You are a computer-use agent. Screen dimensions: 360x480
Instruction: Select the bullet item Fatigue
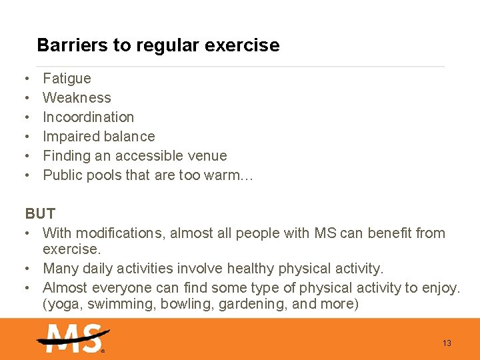tap(67, 79)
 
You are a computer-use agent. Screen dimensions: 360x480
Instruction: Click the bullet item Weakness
tap(77, 98)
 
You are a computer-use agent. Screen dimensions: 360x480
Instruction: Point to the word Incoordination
tap(88, 117)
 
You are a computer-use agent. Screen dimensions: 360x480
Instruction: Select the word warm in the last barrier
tap(223, 175)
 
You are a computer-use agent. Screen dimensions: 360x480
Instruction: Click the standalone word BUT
tap(40, 214)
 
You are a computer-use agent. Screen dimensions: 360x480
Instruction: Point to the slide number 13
tap(447, 343)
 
